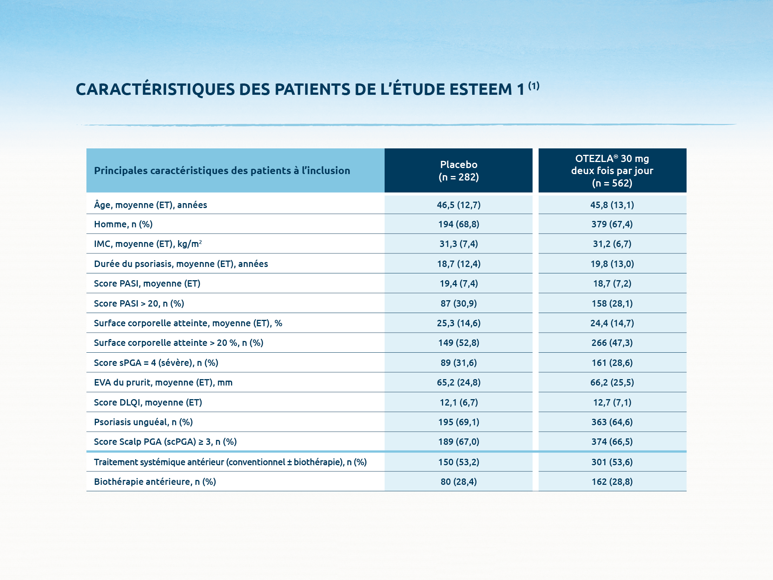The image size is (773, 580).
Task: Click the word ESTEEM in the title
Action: coord(480,89)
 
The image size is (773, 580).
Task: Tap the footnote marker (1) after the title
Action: coord(533,86)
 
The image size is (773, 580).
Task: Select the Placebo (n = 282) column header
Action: coord(458,171)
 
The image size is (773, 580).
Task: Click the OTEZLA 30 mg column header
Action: coord(612,171)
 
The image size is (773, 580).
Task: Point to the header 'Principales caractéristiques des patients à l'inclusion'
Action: coord(222,171)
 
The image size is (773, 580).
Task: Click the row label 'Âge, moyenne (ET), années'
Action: coord(150,205)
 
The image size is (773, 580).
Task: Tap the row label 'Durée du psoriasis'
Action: coord(181,264)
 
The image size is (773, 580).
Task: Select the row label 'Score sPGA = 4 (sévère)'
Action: coord(156,363)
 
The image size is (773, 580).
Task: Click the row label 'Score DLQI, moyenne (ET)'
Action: coord(148,403)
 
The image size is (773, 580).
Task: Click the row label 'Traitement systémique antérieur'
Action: coord(230,462)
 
